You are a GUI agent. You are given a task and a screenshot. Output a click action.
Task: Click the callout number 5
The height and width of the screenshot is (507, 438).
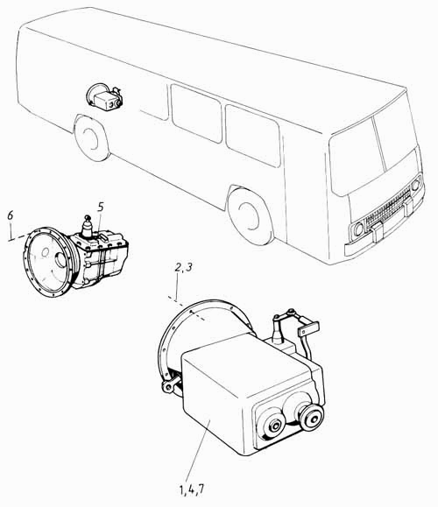(101, 208)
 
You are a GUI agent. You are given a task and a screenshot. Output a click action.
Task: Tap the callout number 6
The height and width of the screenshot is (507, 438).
(11, 215)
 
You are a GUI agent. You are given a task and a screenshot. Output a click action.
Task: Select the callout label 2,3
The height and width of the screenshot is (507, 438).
(183, 268)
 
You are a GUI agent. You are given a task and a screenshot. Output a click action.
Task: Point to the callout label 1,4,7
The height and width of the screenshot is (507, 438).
(192, 489)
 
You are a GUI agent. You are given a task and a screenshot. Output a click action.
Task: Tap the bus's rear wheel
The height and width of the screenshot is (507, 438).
(91, 137)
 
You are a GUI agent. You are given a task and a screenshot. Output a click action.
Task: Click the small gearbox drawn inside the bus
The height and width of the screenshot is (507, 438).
(104, 96)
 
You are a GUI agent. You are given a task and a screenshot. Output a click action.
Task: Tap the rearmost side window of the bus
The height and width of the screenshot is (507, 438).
(196, 113)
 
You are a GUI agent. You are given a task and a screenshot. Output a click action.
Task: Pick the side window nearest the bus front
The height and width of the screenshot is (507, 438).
(252, 136)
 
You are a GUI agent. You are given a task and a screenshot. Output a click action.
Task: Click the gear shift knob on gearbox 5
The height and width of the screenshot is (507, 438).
(87, 218)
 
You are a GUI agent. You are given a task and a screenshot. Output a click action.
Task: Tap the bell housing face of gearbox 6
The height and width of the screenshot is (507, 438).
(48, 262)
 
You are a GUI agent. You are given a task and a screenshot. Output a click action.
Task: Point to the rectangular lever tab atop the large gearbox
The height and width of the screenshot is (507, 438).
(309, 328)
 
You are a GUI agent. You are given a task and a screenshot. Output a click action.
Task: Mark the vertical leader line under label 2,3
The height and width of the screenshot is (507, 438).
(177, 288)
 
